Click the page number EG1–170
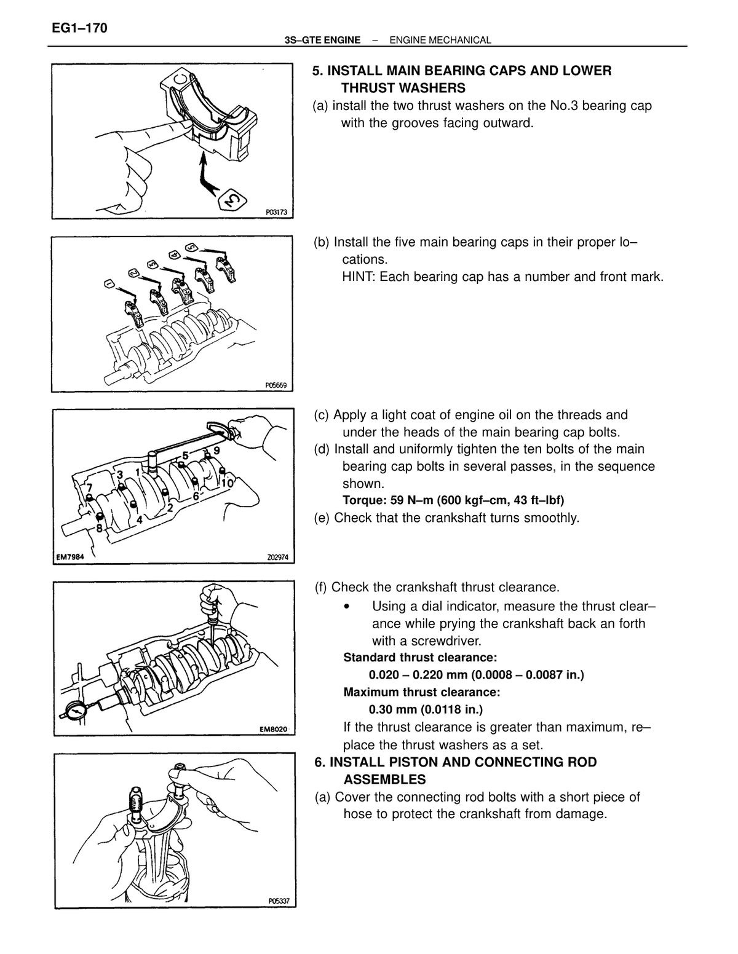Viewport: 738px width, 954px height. click(79, 28)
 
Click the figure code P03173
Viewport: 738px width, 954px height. click(277, 212)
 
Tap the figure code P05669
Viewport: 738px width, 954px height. click(276, 385)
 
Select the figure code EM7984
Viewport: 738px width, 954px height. click(70, 557)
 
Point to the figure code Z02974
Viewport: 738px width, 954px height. click(278, 558)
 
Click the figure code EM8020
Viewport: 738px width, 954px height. click(273, 729)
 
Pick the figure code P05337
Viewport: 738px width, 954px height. click(279, 901)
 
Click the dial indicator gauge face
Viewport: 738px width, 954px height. click(75, 711)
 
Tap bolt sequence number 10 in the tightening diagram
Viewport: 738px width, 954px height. click(227, 483)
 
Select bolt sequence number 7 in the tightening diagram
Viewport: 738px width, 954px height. click(90, 488)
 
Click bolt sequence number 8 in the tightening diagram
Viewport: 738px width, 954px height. click(99, 528)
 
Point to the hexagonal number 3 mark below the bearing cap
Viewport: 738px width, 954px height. click(232, 200)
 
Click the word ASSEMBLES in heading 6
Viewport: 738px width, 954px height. click(384, 779)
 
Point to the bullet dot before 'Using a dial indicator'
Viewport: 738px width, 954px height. click(347, 607)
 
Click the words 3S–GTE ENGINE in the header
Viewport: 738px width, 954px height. click(323, 41)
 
